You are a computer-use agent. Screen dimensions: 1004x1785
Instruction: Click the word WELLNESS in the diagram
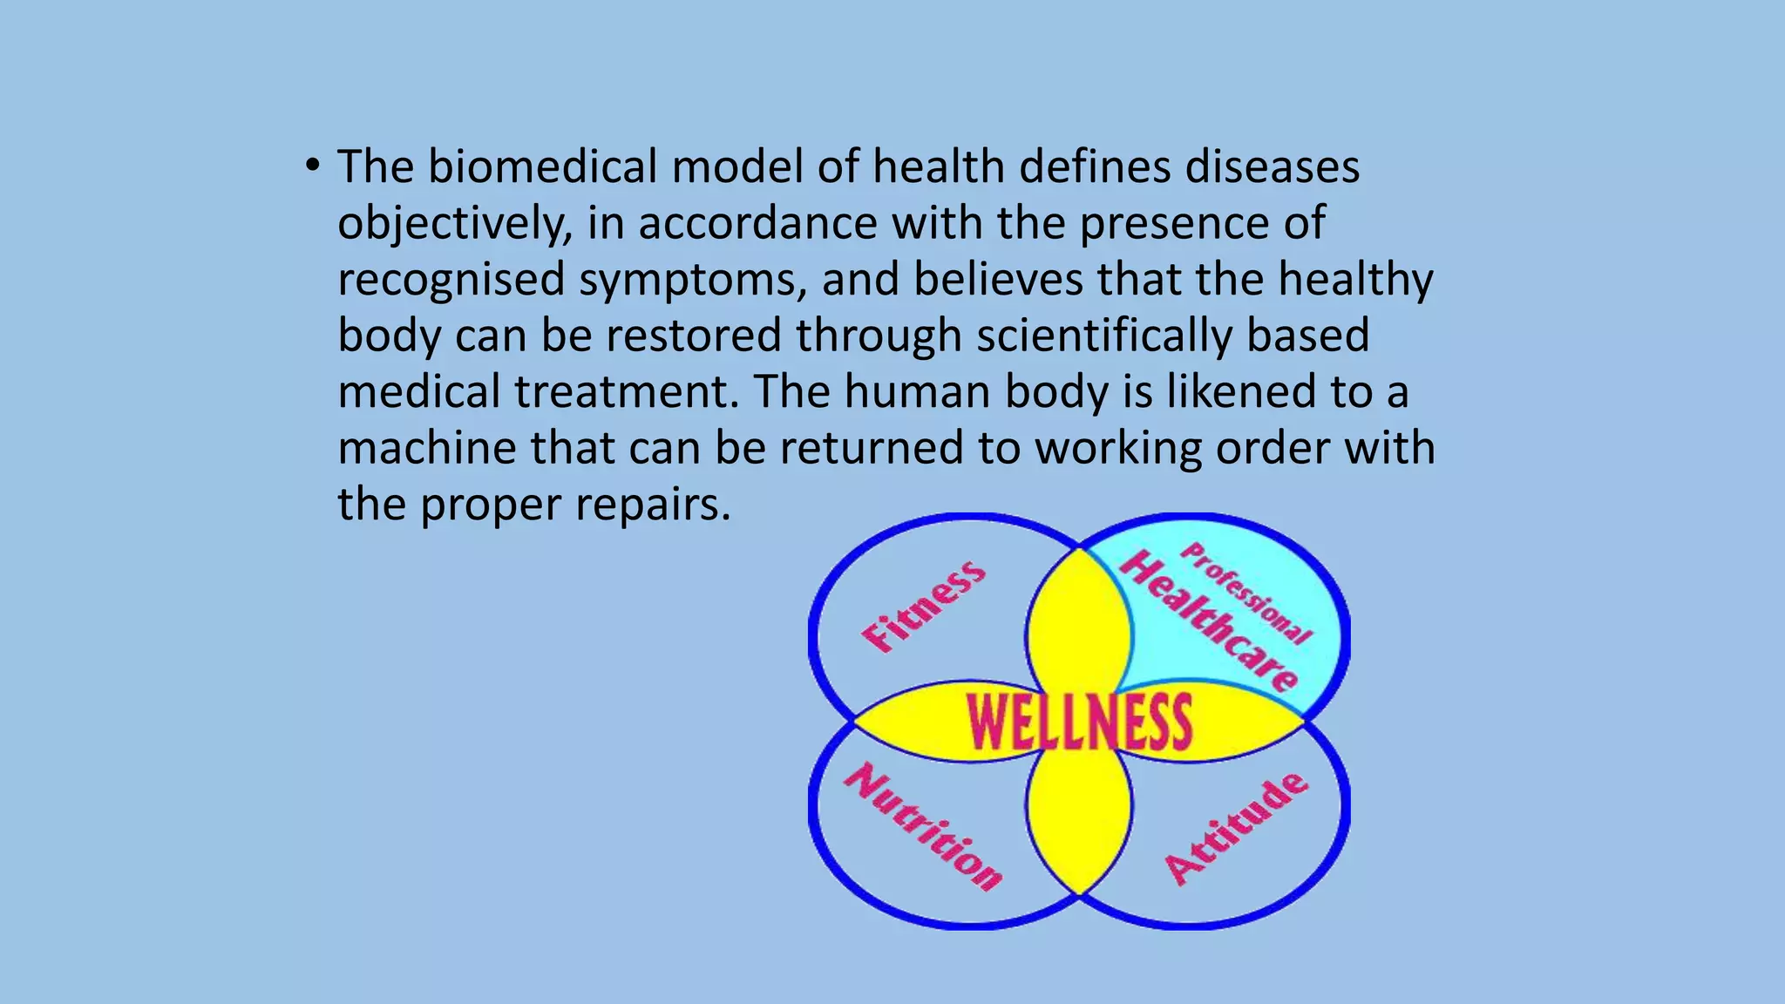1079,722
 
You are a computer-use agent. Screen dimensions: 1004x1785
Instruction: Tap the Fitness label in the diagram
924,607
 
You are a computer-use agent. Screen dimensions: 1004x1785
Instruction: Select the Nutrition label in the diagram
923,825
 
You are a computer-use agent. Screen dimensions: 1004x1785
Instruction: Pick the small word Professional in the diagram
1247,592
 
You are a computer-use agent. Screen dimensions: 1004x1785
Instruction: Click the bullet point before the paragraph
313,166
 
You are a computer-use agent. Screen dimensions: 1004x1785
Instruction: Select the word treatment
626,392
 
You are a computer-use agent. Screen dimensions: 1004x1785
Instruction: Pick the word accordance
757,223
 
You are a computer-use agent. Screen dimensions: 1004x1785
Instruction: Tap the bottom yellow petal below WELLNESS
1079,815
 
